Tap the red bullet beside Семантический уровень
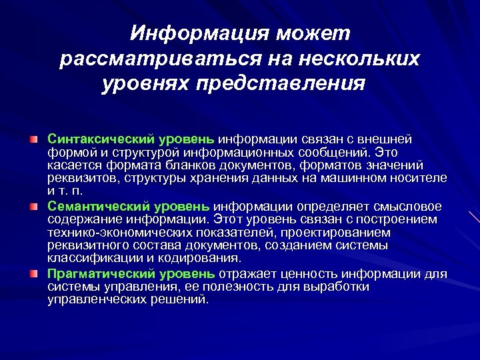[33, 206]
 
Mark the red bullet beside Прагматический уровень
[33, 273]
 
